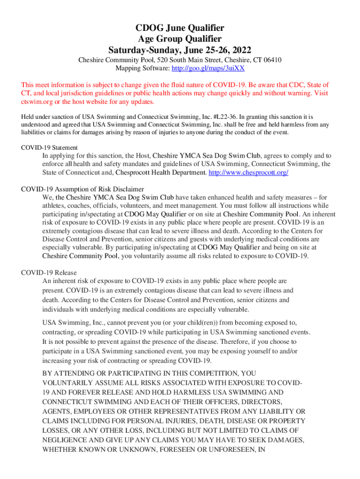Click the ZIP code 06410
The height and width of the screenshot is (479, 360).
(x=272, y=60)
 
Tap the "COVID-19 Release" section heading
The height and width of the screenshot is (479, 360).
(x=49, y=273)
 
